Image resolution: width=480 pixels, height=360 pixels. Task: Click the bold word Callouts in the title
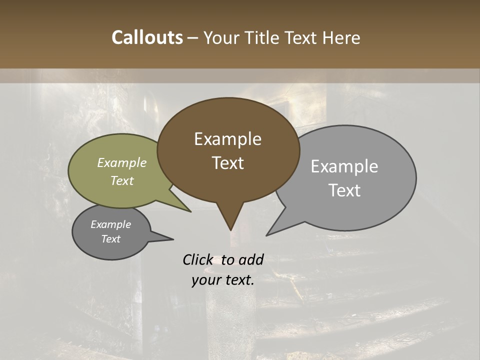pyautogui.click(x=147, y=38)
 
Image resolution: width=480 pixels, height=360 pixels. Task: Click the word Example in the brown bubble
pyautogui.click(x=227, y=139)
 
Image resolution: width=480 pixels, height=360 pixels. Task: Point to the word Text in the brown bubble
pyautogui.click(x=227, y=163)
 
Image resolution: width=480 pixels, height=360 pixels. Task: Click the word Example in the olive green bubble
pyautogui.click(x=122, y=162)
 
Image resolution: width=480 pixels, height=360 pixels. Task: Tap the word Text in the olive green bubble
pyautogui.click(x=122, y=180)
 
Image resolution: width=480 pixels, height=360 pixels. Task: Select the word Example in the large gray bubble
pyautogui.click(x=344, y=166)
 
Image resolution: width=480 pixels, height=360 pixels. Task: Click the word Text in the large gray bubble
pyautogui.click(x=344, y=190)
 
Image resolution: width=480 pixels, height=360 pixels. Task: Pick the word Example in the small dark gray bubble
pyautogui.click(x=110, y=224)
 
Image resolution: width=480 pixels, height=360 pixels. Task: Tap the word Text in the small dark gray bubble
pyautogui.click(x=110, y=239)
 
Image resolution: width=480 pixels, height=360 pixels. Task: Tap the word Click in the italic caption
pyautogui.click(x=198, y=259)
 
